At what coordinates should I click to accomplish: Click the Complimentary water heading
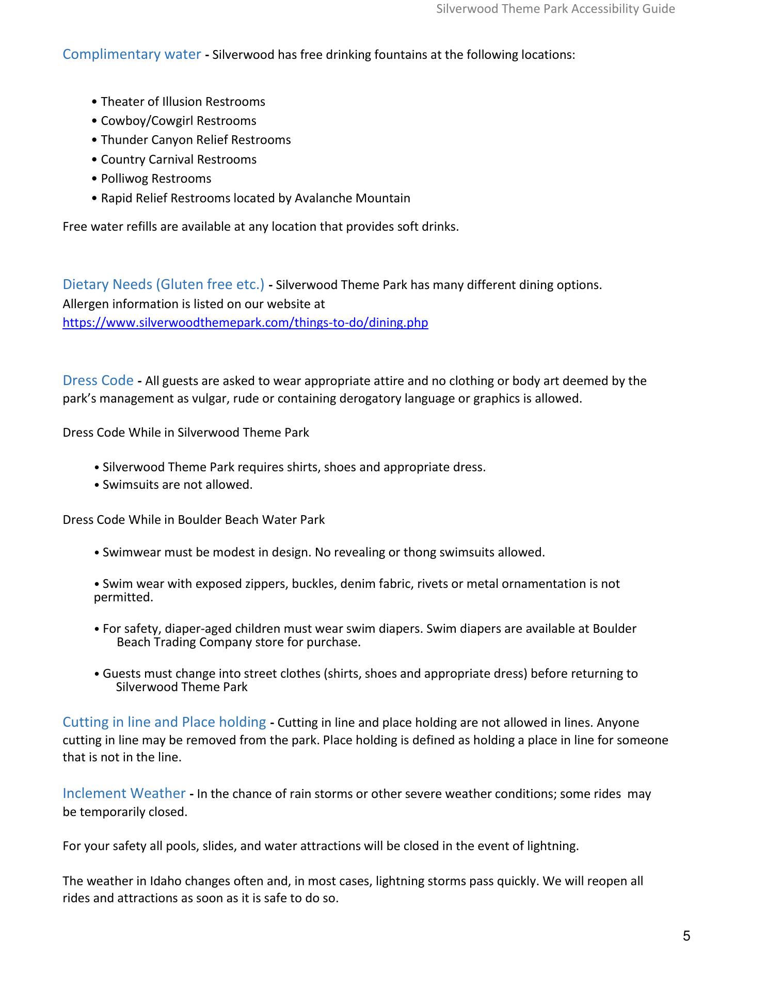coord(132,54)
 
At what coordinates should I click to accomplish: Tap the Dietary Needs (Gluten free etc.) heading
coord(163,284)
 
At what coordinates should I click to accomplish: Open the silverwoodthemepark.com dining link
coord(245,323)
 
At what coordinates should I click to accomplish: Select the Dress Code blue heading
coord(98,380)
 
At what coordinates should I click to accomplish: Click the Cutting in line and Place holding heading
coord(164,722)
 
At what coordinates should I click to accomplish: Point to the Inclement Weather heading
coord(124,793)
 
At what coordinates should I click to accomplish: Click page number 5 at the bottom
coord(687,936)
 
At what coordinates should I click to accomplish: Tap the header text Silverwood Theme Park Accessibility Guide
coord(555,9)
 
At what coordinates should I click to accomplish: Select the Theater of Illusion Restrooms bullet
coord(183,102)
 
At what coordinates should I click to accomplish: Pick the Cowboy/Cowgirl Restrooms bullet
coord(178,121)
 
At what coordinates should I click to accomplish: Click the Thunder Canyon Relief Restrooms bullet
coord(196,140)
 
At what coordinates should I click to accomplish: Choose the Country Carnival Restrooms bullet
coord(179,159)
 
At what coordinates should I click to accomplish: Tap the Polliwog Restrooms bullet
coord(156,179)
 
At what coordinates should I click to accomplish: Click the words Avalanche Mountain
coord(353,198)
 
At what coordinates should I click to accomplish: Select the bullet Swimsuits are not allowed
coord(177,485)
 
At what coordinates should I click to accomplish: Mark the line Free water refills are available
coord(261,227)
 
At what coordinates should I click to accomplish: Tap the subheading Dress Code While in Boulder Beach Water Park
coord(194,520)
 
